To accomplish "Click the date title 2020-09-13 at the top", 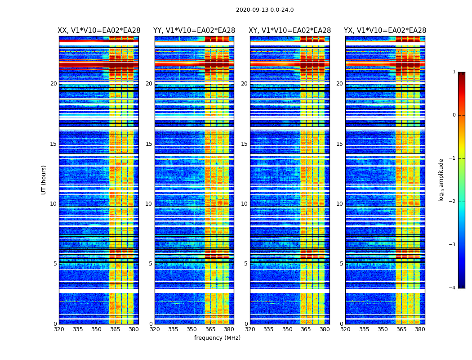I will pos(265,10).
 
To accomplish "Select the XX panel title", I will pos(99,31).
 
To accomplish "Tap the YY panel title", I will pos(194,31).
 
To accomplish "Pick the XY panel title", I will pos(290,31).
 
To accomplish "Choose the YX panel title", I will pos(385,31).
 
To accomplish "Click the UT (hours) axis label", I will pos(44,180).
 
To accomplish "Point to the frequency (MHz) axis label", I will pos(217,338).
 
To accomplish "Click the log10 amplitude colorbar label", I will pos(441,180).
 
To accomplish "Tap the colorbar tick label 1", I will pos(454,72).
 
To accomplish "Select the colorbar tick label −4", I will pos(453,288).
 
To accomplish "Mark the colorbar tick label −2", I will pos(453,202).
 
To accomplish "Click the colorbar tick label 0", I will pos(454,115).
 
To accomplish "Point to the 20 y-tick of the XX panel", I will pos(53,84).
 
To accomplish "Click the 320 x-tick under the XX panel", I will pos(59,329).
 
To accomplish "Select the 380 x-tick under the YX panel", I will pos(420,329).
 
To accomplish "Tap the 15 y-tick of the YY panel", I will pos(149,144).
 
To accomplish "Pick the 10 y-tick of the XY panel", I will pos(244,204).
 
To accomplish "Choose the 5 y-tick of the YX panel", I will pos(341,264).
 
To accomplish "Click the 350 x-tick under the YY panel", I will pos(192,329).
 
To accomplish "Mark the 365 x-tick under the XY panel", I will pos(306,329).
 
